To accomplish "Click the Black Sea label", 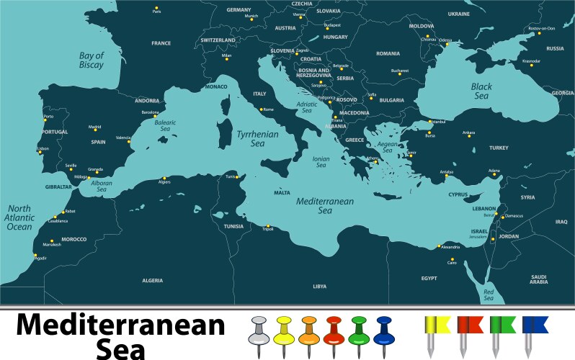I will (x=481, y=91).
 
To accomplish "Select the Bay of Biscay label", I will (x=92, y=60).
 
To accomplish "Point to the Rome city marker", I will (x=262, y=109).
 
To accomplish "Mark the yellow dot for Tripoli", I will (x=268, y=225).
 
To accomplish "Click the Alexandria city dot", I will (x=439, y=246).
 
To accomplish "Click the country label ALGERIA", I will (x=152, y=280).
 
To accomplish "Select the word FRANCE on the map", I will (x=161, y=43).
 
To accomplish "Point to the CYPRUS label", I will (x=458, y=194).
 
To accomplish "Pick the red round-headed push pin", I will (x=333, y=331).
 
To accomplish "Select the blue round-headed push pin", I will (x=383, y=331).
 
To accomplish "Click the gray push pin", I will (x=259, y=331).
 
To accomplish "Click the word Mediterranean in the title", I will (x=120, y=325).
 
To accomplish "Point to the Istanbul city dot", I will (x=429, y=121).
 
